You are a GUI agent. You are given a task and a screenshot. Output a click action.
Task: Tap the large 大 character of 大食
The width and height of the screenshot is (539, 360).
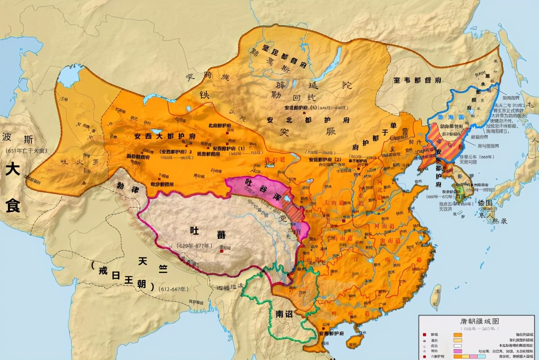[13, 170]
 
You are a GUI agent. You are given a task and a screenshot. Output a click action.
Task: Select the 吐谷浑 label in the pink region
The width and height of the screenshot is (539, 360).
[257, 185]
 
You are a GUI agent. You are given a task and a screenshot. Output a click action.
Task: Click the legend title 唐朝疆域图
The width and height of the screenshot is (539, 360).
[476, 321]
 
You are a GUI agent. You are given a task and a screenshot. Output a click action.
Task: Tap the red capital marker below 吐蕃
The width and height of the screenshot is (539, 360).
[222, 251]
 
